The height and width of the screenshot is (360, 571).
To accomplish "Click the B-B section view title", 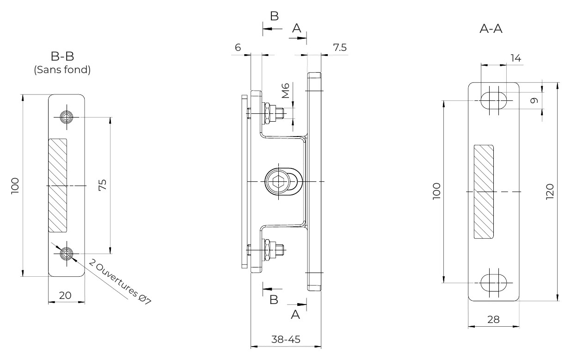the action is [62, 56].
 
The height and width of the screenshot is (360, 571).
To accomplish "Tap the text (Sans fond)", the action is [62, 70].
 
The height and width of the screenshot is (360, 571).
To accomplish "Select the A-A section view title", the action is [491, 29].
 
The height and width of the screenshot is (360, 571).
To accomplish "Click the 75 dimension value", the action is [103, 185].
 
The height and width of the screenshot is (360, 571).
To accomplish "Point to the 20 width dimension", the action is [65, 296].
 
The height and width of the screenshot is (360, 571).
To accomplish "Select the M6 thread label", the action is [286, 91].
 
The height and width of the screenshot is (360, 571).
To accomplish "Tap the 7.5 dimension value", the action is [340, 48].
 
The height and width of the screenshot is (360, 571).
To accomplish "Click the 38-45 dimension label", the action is [286, 339].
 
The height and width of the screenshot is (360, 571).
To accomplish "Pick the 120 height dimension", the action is [550, 192].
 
